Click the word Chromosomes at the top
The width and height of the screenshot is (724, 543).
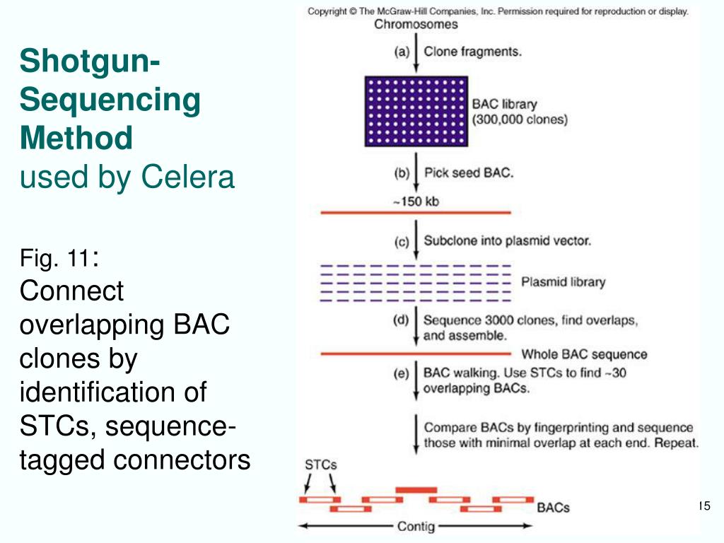[416, 25]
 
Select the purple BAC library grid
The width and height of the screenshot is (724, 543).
[416, 111]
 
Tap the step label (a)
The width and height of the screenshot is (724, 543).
[402, 51]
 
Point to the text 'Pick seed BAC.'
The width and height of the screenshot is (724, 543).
[469, 173]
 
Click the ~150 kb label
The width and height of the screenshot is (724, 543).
[416, 202]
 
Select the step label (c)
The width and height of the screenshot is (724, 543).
[402, 242]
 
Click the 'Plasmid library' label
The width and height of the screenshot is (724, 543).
[563, 282]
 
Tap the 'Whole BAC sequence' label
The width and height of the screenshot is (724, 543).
[584, 354]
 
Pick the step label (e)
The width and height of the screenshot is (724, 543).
[402, 373]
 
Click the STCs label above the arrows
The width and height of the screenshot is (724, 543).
[320, 465]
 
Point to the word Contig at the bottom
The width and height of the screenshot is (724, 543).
[416, 526]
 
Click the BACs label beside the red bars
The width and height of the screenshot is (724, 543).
[553, 508]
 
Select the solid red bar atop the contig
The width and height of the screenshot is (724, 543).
[416, 490]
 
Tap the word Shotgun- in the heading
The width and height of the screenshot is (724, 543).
[90, 61]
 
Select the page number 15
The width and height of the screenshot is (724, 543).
[704, 506]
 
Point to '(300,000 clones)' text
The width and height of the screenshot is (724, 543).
[520, 119]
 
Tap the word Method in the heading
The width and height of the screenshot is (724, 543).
[76, 138]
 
